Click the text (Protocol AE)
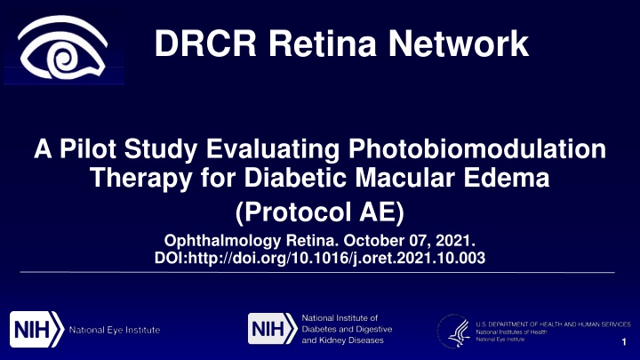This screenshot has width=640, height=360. (x=320, y=212)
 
